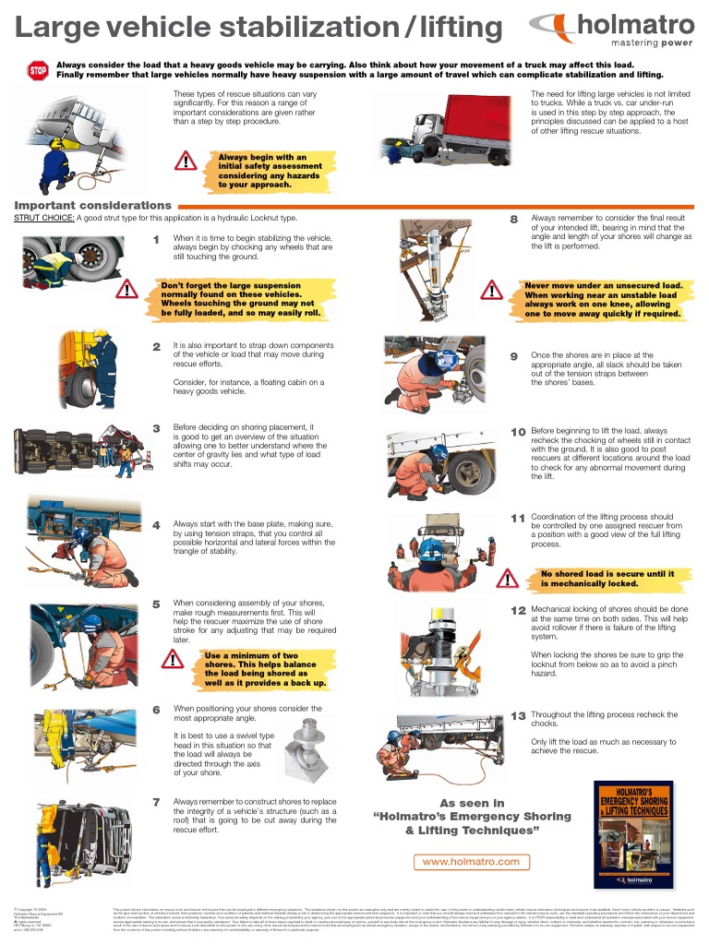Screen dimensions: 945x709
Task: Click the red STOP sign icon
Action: [38, 70]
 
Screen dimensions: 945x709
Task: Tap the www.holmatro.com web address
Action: [471, 861]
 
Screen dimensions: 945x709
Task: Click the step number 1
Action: [156, 241]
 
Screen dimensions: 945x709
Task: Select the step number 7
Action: [157, 801]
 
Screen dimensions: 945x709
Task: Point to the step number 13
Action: [517, 715]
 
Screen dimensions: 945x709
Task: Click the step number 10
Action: [518, 431]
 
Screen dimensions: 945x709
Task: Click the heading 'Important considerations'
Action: [93, 205]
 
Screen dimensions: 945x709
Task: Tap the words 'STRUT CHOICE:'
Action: [44, 219]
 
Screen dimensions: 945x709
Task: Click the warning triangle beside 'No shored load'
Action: [507, 579]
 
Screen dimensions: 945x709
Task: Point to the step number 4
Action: [156, 525]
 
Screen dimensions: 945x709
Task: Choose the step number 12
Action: [518, 610]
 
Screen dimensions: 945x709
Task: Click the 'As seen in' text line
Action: [472, 803]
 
